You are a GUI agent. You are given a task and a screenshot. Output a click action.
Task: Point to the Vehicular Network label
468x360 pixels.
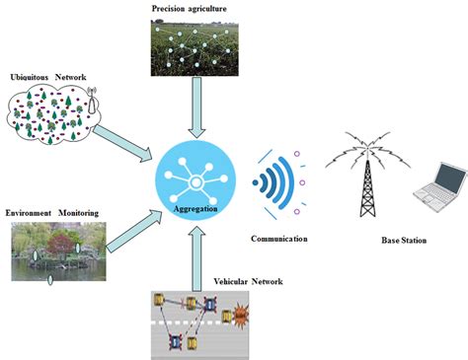(248, 282)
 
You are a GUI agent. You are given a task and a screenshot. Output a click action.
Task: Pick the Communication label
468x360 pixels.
(280, 239)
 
